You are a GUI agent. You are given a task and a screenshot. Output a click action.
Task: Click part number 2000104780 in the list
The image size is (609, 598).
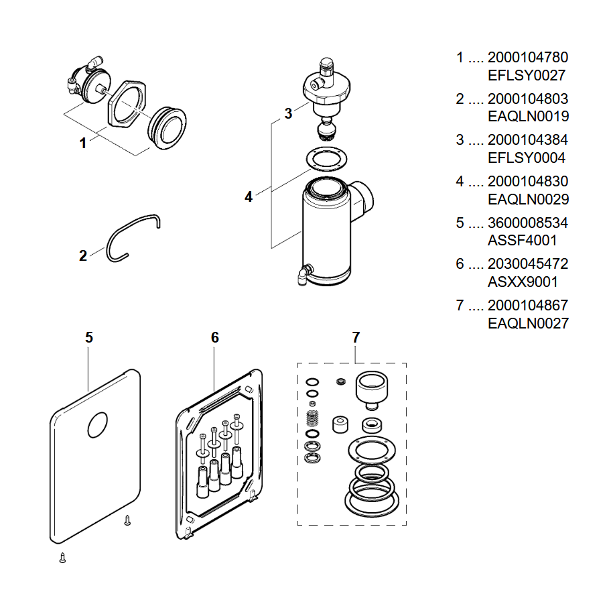(528, 57)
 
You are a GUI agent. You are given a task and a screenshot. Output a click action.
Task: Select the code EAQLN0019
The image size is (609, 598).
(528, 116)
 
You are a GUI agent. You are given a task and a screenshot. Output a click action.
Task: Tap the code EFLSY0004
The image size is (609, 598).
(527, 158)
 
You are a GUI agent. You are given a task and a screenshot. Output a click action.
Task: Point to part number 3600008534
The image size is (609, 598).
(528, 223)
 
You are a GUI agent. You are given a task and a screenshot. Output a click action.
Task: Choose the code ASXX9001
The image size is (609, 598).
(523, 282)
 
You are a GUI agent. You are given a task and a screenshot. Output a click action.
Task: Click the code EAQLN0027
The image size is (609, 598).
(528, 323)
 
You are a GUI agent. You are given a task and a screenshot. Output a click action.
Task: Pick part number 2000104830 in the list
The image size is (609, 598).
(528, 181)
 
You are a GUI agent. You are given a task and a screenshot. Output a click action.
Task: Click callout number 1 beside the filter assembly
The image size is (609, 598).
(82, 143)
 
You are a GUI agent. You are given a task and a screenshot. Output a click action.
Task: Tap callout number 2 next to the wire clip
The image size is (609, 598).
(82, 255)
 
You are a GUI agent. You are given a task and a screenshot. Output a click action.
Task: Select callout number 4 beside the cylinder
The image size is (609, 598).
(249, 197)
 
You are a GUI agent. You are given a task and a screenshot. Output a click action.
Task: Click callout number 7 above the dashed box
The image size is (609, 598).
(356, 337)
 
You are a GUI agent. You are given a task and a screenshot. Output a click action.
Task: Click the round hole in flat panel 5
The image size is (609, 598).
(98, 424)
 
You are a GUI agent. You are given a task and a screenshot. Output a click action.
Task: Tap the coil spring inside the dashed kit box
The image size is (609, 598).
(312, 418)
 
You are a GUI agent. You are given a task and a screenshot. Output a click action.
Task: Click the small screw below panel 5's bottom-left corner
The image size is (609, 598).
(62, 558)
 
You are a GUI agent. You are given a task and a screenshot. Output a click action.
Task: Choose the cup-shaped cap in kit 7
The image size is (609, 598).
(371, 390)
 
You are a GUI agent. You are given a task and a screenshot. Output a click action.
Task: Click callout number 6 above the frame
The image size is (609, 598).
(215, 337)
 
